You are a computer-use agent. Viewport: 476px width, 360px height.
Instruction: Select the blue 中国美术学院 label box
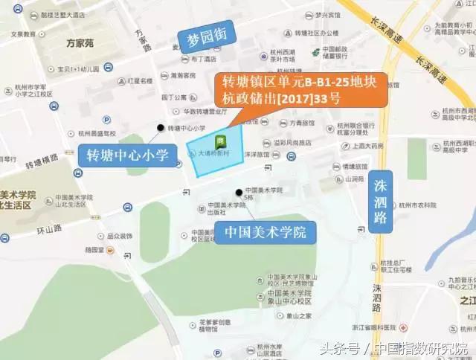click(x=265, y=233)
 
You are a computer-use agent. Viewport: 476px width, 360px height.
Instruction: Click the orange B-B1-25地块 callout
click(x=300, y=91)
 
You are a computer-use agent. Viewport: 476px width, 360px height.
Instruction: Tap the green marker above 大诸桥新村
click(x=221, y=141)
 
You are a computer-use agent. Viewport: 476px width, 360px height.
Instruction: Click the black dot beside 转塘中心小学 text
click(x=160, y=128)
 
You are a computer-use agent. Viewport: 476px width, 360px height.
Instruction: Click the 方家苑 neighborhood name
click(x=80, y=44)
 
